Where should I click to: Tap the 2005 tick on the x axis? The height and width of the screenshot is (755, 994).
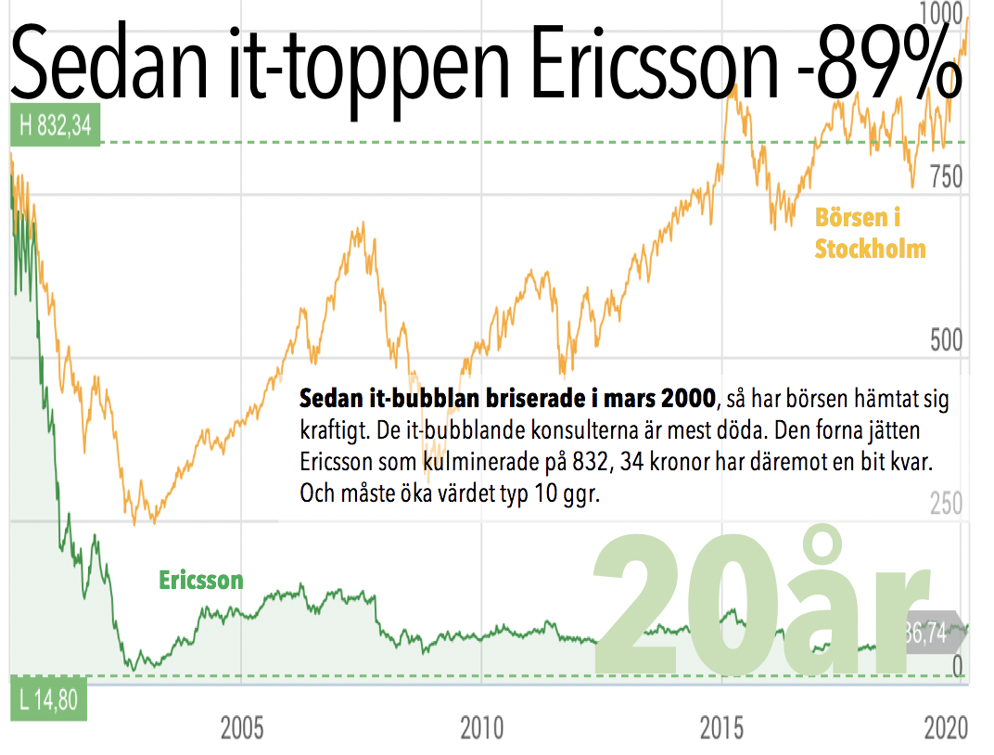coord(241,728)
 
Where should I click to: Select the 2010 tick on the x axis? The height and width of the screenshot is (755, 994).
coord(482,728)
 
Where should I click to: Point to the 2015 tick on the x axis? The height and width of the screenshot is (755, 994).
coord(722,728)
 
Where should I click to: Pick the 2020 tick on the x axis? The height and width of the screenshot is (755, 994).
coord(946,728)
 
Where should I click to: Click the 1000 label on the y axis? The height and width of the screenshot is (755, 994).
coord(941,13)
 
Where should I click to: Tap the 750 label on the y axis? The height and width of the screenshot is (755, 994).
coord(946,176)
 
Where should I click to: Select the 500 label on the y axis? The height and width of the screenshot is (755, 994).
coord(948,340)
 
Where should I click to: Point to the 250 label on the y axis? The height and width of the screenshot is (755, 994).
coord(948,505)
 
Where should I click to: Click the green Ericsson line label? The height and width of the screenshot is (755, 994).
coord(201,581)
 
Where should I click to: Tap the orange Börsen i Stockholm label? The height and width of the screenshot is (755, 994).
coord(870,233)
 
